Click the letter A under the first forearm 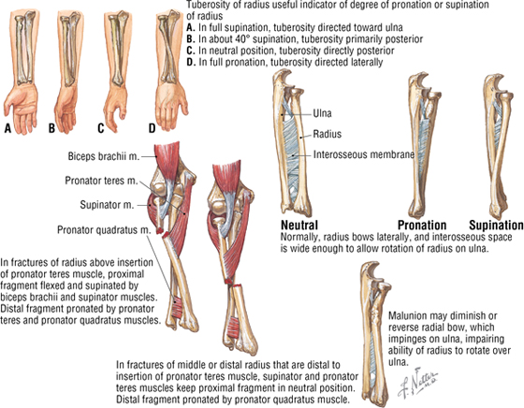pyautogui.click(x=7, y=128)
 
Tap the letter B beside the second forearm pyautogui.click(x=51, y=128)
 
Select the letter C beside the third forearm pyautogui.click(x=101, y=128)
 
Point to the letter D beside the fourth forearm pyautogui.click(x=152, y=128)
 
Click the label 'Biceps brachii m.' pyautogui.click(x=104, y=156)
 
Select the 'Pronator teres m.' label pyautogui.click(x=101, y=181)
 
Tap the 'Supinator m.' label pyautogui.click(x=107, y=205)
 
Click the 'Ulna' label pyautogui.click(x=322, y=113)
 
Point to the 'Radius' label pyautogui.click(x=327, y=134)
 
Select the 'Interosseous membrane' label pyautogui.click(x=364, y=154)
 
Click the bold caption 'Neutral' pyautogui.click(x=299, y=226)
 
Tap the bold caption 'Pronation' pyautogui.click(x=422, y=226)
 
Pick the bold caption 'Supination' pyautogui.click(x=496, y=226)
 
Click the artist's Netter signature pyautogui.click(x=417, y=382)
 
